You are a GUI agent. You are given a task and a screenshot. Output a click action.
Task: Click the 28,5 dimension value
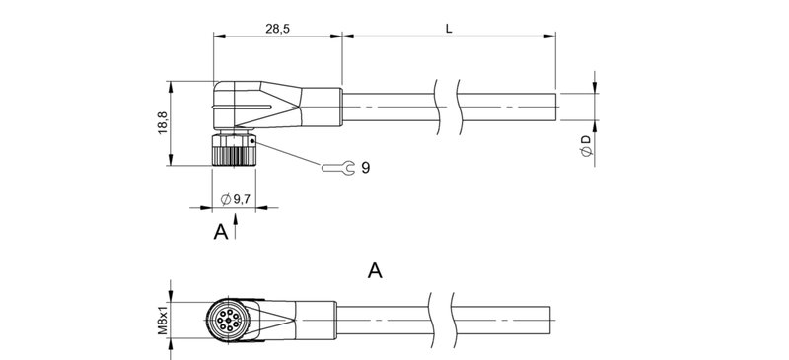[x=278, y=30]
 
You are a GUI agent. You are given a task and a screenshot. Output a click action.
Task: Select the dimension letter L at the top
[x=449, y=30]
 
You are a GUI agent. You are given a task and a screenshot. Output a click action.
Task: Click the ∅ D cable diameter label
[x=586, y=148]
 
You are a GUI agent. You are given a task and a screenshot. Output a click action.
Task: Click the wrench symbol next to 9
[x=335, y=169]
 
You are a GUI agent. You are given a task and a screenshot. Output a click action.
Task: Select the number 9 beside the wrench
[x=365, y=169]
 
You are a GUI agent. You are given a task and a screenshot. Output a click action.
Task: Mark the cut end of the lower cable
[x=547, y=319]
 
